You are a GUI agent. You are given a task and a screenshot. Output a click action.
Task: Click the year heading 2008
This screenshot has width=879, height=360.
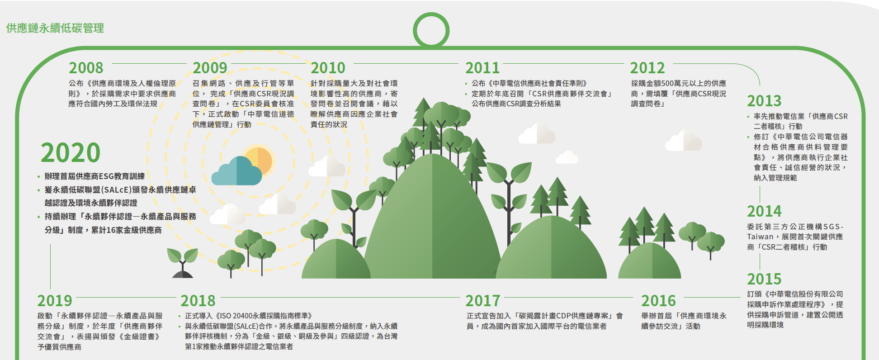click(x=86, y=68)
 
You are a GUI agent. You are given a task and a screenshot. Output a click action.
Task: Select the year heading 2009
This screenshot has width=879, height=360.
click(x=210, y=68)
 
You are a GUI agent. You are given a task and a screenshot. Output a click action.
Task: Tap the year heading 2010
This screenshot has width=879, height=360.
click(x=328, y=68)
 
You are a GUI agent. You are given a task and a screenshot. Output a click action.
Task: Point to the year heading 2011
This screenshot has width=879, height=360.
click(x=482, y=68)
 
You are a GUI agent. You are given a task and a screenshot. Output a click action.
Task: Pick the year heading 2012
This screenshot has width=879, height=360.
click(x=647, y=68)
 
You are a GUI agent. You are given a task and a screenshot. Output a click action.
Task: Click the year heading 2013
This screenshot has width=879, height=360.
click(x=764, y=101)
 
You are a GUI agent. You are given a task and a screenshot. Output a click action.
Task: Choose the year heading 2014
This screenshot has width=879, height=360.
click(x=764, y=211)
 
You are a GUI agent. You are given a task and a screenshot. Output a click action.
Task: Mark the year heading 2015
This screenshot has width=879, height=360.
click(x=764, y=279)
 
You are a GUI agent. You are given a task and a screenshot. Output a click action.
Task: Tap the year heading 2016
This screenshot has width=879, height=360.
click(x=658, y=301)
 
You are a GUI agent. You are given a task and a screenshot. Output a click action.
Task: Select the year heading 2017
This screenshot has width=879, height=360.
click(x=483, y=301)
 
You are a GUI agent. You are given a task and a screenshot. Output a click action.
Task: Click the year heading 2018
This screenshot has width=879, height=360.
click(x=198, y=301)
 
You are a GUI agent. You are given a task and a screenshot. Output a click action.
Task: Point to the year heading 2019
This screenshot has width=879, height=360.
click(x=55, y=301)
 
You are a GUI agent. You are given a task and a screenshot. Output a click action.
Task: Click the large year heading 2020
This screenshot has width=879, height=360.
click(x=71, y=153)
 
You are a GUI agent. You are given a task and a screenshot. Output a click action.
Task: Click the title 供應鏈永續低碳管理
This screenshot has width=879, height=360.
click(x=55, y=28)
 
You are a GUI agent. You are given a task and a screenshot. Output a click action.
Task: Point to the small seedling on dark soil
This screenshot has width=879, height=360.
click(x=182, y=263)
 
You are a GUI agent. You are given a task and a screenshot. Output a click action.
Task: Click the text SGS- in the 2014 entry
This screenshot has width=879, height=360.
click(x=833, y=227)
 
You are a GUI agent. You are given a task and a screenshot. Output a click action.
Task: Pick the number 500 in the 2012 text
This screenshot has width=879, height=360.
click(x=667, y=83)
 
